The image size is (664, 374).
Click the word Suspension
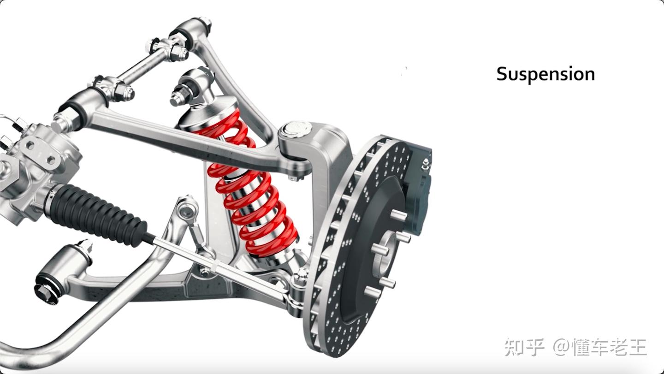pyautogui.click(x=545, y=74)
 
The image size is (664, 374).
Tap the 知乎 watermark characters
pyautogui.click(x=524, y=347)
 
